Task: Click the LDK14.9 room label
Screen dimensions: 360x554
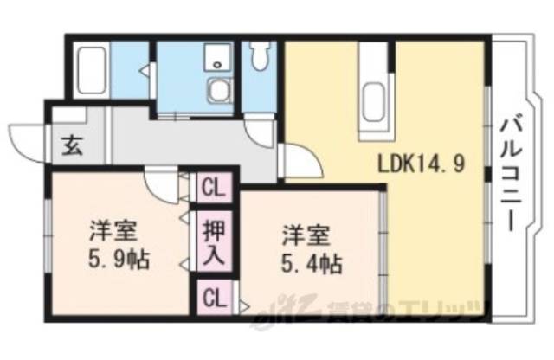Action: [422, 163]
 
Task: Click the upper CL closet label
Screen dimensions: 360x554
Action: [212, 186]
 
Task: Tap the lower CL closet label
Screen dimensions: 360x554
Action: [212, 299]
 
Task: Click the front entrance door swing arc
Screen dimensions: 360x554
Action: [26, 141]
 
